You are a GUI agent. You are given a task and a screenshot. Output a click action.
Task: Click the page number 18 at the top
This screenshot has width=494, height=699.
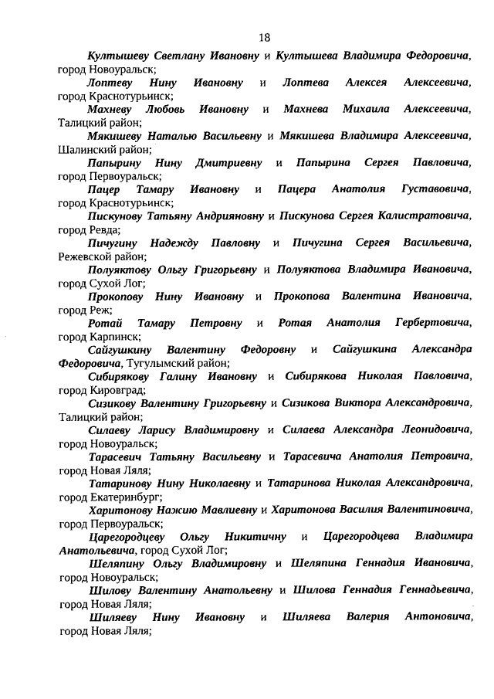(x=264, y=36)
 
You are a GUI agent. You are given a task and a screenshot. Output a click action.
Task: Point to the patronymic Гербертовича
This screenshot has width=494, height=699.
(x=432, y=323)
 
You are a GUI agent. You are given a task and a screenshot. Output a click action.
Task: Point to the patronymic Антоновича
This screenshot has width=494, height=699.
(x=438, y=616)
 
